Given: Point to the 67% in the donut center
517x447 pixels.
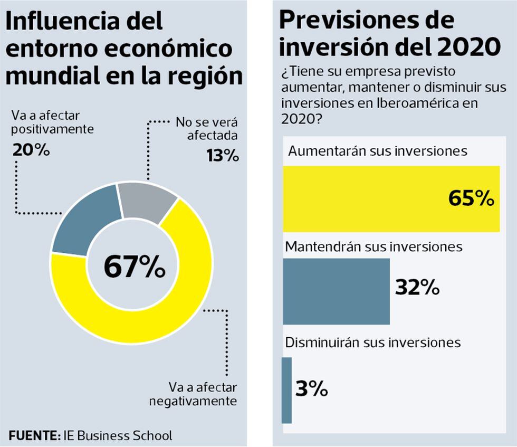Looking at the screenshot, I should pyautogui.click(x=134, y=267).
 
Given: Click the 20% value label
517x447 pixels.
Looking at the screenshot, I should pyautogui.click(x=31, y=150).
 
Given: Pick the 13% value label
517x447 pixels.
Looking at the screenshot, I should pyautogui.click(x=221, y=156).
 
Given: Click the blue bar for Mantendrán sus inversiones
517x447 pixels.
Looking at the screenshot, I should pyautogui.click(x=337, y=291).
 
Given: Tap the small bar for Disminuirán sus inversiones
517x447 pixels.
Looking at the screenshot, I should pyautogui.click(x=286, y=390).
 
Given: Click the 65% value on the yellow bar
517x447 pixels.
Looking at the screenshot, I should pyautogui.click(x=471, y=198).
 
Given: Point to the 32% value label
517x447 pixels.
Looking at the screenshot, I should pyautogui.click(x=417, y=288).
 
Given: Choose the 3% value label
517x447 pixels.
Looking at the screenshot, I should pyautogui.click(x=312, y=389).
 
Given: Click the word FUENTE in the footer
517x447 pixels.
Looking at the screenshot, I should pyautogui.click(x=34, y=436).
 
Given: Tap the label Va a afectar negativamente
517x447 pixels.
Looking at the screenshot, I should pyautogui.click(x=193, y=394).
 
